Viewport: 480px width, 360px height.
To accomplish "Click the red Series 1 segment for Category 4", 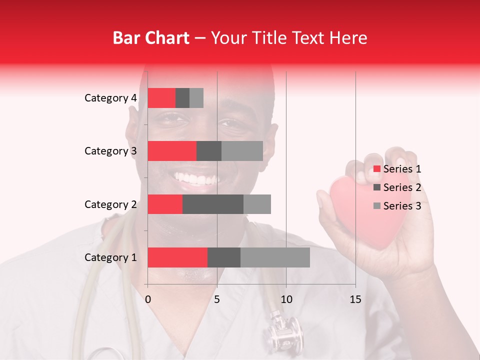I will (161, 98).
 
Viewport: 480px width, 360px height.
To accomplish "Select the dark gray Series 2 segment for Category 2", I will (213, 204).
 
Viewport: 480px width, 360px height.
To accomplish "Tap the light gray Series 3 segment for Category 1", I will (275, 257).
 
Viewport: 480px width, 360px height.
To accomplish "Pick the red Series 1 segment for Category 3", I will (172, 151).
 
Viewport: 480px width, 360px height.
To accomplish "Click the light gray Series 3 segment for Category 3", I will (242, 151).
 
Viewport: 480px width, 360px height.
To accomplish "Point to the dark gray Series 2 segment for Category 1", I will (224, 257).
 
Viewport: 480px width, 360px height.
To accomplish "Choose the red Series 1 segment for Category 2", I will (165, 204).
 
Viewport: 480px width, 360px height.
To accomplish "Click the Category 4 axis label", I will (110, 98).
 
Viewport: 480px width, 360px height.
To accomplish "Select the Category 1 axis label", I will (110, 257).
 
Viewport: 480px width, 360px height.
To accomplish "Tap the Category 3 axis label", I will (110, 151).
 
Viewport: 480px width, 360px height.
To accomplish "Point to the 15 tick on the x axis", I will (355, 299).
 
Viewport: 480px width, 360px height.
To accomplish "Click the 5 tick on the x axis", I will (217, 299).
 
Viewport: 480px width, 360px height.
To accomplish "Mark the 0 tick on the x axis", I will (148, 299).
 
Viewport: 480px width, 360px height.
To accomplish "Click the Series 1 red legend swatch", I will (376, 169).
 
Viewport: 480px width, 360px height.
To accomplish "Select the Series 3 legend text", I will (402, 206).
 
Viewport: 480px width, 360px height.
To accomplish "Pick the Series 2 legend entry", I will (397, 187).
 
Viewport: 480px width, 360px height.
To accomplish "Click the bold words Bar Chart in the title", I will (150, 38).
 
